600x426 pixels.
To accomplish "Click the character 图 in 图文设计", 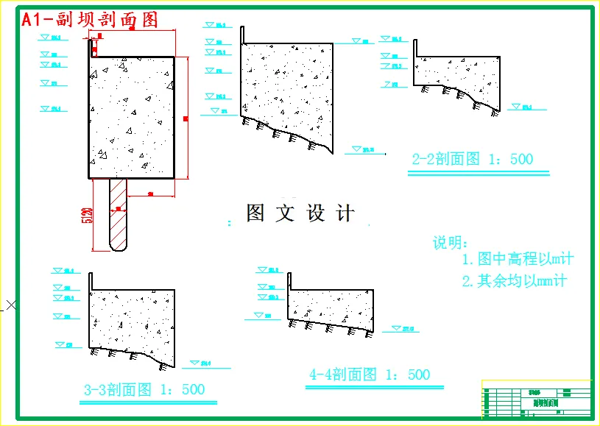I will (255, 213).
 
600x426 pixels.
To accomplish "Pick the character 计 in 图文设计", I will (345, 213).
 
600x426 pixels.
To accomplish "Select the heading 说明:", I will (450, 243).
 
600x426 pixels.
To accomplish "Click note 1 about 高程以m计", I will (518, 259).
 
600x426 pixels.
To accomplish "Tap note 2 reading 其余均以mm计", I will (515, 280).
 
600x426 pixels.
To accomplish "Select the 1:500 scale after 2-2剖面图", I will (511, 159).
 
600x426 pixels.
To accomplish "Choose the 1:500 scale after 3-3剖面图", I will (183, 389).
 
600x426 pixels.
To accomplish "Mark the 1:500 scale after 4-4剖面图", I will (408, 374).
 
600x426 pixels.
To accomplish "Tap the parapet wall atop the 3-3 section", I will (91, 281).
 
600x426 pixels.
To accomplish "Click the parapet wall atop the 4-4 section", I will (289, 281).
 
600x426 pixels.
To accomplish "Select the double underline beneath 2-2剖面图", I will (479, 174).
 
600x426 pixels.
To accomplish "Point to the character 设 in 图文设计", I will (316, 213).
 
